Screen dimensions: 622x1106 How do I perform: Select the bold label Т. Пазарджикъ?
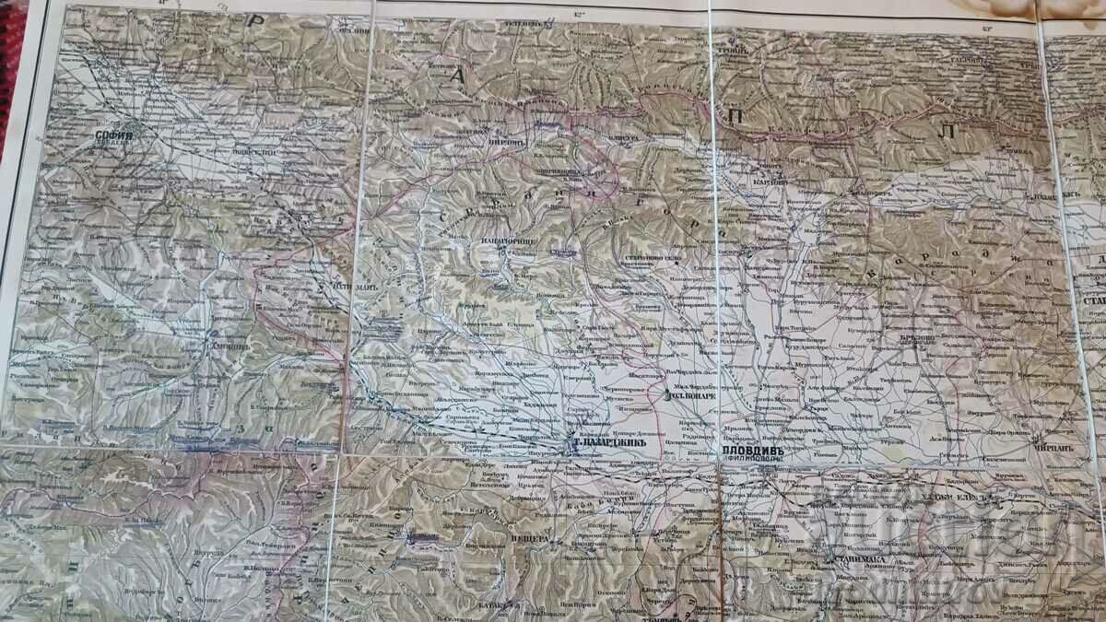[x=606, y=443]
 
